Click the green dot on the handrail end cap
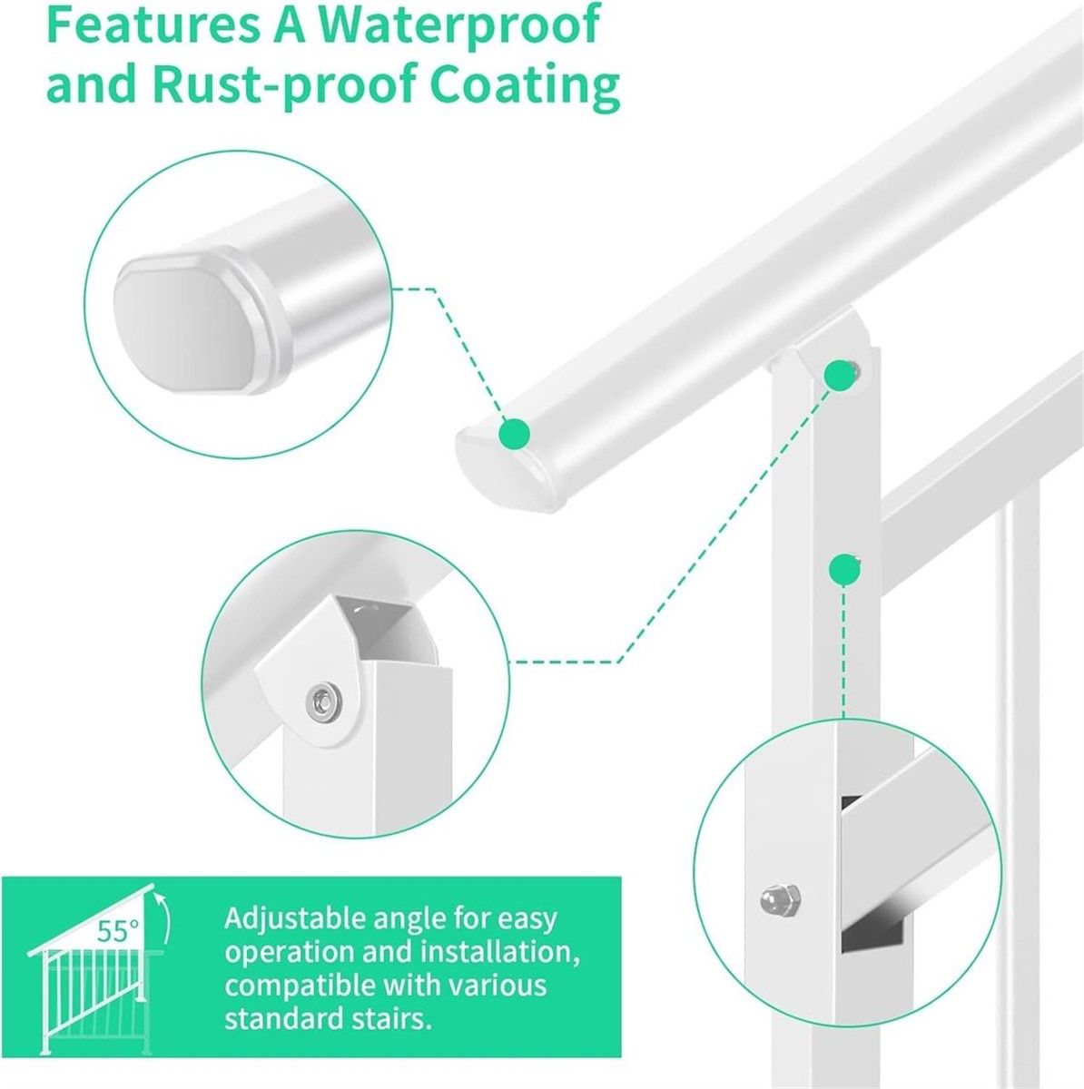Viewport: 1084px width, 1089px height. point(515,434)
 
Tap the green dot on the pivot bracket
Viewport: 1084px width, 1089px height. point(838,376)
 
